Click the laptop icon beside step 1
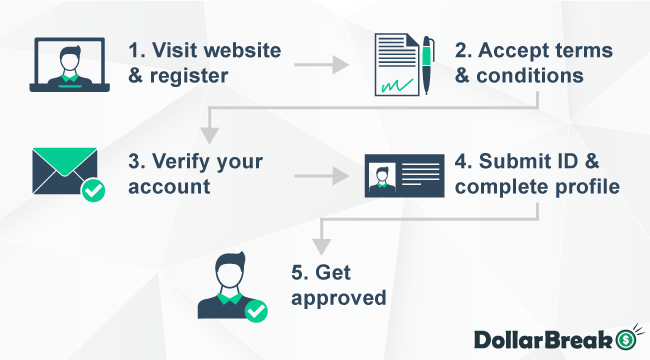point(68,65)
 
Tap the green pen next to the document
point(427,64)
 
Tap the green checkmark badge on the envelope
point(93,189)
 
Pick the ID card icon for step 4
point(404,176)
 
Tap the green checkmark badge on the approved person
point(257,311)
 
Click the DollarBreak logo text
point(541,336)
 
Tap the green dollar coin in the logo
point(626,336)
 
